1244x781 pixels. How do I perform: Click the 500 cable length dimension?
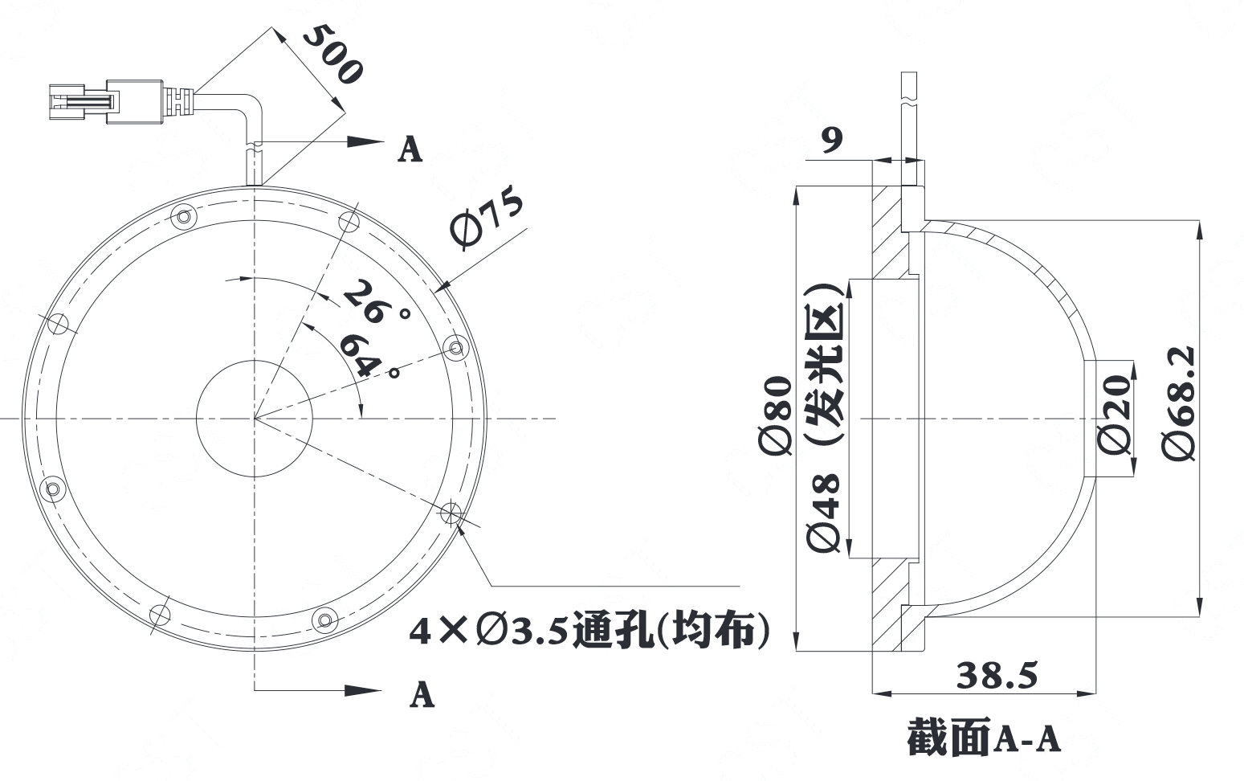point(333,55)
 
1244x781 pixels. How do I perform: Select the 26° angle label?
point(375,302)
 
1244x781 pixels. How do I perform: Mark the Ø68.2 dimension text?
point(1179,403)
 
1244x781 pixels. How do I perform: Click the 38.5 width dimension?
point(997,676)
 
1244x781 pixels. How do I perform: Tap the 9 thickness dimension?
point(832,140)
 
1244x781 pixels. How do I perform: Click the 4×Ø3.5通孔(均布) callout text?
point(589,632)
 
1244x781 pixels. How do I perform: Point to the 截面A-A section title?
point(984,737)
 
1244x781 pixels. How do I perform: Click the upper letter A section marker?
point(410,149)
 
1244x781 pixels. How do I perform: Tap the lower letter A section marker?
point(422,694)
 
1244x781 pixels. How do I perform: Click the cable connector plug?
point(105,102)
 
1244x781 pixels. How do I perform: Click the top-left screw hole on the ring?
point(184,217)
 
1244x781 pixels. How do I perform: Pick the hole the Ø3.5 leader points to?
point(451,513)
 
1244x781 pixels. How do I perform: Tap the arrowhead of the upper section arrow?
point(365,141)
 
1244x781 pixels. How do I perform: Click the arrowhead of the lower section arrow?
point(363,690)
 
